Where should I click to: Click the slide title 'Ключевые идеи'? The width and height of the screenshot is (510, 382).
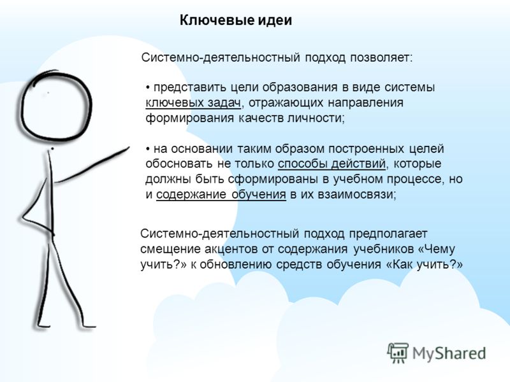click(236, 21)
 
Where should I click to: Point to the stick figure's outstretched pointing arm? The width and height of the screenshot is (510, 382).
click(91, 165)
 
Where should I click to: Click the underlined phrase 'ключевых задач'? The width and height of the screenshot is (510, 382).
click(193, 103)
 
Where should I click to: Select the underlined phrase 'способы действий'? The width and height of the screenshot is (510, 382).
click(331, 164)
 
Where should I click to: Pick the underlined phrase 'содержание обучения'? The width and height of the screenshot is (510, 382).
click(221, 195)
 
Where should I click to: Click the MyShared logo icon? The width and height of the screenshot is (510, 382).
click(398, 353)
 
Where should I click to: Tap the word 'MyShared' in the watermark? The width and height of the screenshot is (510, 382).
click(449, 353)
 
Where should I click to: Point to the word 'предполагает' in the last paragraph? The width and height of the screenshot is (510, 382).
click(388, 234)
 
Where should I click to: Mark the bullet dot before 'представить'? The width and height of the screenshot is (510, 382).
click(148, 88)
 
